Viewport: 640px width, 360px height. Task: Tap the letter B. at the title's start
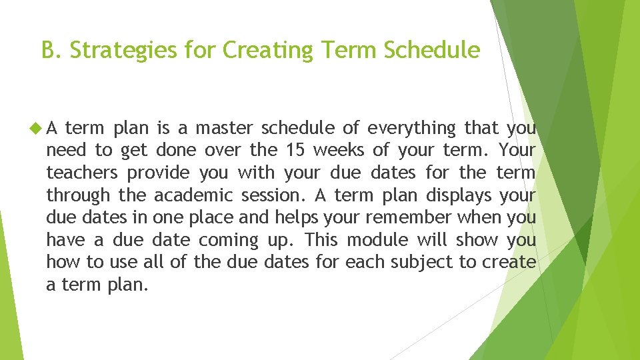click(51, 50)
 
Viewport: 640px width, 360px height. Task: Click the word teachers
click(82, 173)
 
